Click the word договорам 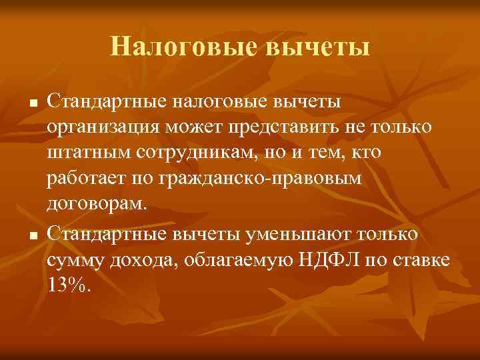(96, 204)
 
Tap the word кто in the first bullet (365, 153)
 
